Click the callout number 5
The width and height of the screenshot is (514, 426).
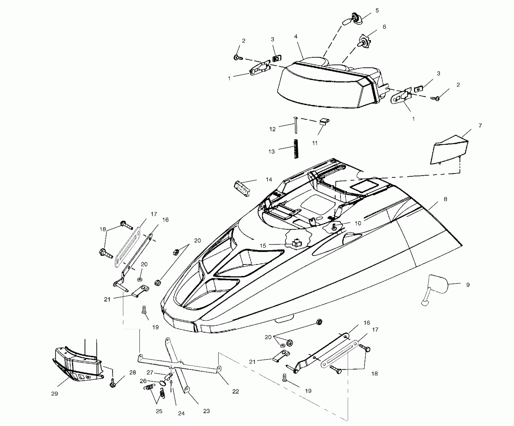(x=377, y=11)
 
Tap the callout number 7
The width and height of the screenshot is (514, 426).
(x=480, y=126)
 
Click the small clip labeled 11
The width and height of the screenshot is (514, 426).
(x=324, y=122)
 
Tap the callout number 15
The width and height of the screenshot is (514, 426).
(x=263, y=246)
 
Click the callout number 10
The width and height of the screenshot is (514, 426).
(x=358, y=223)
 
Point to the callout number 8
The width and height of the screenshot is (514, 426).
(x=445, y=199)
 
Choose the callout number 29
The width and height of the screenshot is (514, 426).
(x=54, y=394)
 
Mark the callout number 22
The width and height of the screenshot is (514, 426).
(x=235, y=391)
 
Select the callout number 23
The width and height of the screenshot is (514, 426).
(x=206, y=411)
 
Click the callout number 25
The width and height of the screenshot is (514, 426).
(x=159, y=411)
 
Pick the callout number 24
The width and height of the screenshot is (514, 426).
(x=181, y=413)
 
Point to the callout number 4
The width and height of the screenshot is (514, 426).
(x=296, y=37)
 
